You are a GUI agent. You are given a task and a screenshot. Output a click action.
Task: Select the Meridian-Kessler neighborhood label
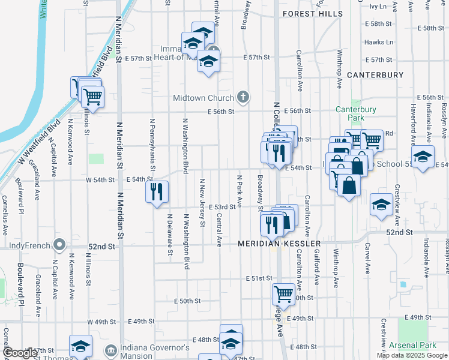[279, 244]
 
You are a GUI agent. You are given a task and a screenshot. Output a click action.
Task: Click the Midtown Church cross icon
[243, 97]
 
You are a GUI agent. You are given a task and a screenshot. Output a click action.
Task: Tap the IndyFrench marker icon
[59, 245]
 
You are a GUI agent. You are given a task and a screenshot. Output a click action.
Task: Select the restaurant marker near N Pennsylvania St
[157, 192]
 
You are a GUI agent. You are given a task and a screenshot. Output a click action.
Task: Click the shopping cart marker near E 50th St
[283, 294]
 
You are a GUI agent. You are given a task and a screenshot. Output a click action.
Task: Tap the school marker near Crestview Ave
[382, 205]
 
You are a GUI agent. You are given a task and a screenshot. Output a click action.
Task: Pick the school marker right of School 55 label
[423, 157]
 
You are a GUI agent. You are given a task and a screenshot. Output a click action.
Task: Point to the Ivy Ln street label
[378, 6]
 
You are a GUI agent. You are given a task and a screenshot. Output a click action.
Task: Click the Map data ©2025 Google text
[412, 355]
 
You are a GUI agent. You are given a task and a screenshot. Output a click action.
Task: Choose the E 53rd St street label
[221, 207]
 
